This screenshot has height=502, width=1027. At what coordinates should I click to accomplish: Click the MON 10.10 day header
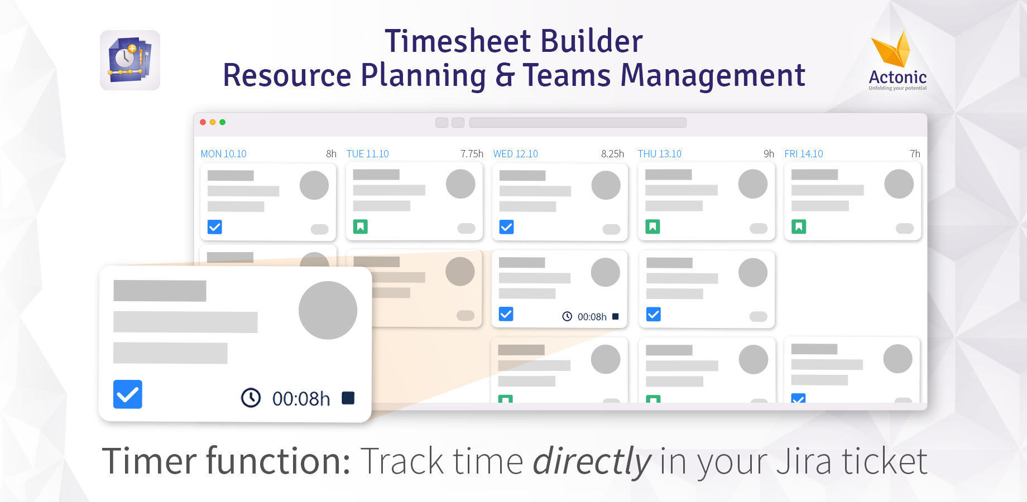(x=223, y=154)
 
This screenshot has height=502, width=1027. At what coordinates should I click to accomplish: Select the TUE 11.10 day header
(x=367, y=154)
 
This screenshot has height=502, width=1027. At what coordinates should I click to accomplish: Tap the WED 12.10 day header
(x=515, y=154)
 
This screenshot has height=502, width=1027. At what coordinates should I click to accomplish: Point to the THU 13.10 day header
(x=659, y=154)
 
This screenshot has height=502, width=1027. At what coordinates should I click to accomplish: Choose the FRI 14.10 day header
(x=803, y=154)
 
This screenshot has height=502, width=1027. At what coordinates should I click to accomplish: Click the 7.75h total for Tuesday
(x=472, y=154)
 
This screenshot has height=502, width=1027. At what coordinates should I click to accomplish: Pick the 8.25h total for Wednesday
(x=612, y=154)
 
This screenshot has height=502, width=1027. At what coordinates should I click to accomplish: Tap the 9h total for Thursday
(x=769, y=154)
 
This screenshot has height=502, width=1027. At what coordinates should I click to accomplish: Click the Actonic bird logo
(x=892, y=50)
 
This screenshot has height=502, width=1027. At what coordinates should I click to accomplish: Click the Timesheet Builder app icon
(x=130, y=60)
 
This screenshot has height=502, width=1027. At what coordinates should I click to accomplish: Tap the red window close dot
(x=203, y=122)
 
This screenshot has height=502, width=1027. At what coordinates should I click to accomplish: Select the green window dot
(x=222, y=122)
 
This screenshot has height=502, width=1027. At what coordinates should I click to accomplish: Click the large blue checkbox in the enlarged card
(x=128, y=394)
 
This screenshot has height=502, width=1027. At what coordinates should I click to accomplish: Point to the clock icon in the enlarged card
(x=251, y=398)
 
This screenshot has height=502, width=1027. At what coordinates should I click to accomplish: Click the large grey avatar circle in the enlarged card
(x=328, y=310)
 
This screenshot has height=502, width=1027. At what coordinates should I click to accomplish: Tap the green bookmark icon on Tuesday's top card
(x=361, y=226)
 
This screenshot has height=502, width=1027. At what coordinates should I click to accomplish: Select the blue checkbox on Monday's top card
(x=215, y=227)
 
